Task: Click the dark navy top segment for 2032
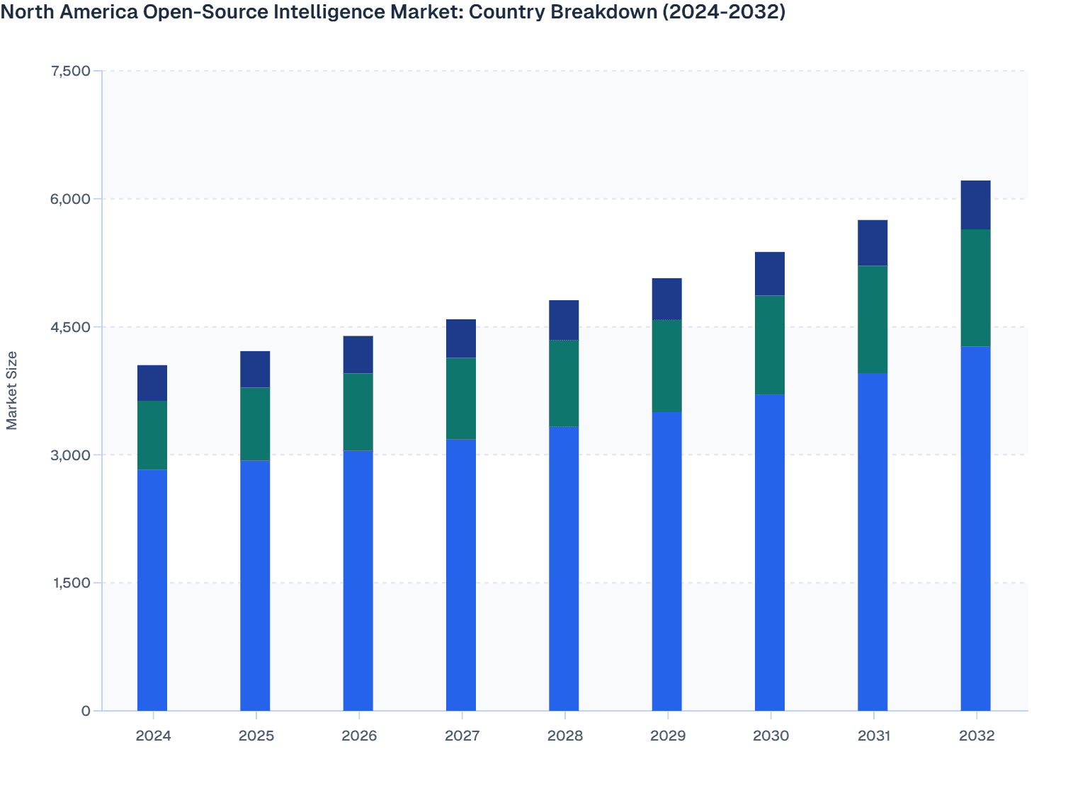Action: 975,205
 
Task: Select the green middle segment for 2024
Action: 152,435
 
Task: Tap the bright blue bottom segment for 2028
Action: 564,569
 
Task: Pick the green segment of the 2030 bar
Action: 769,345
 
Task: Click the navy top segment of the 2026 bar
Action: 358,355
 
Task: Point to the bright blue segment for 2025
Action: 255,586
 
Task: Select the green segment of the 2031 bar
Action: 873,319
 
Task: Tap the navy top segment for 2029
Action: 666,299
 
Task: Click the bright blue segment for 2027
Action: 461,575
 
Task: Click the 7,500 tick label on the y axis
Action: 71,71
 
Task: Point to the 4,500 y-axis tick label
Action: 71,327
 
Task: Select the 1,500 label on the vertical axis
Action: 71,583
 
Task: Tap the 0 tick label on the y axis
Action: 86,711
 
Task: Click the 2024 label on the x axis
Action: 153,736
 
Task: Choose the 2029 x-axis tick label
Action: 667,736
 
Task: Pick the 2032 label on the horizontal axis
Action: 977,736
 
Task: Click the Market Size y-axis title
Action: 12,390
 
